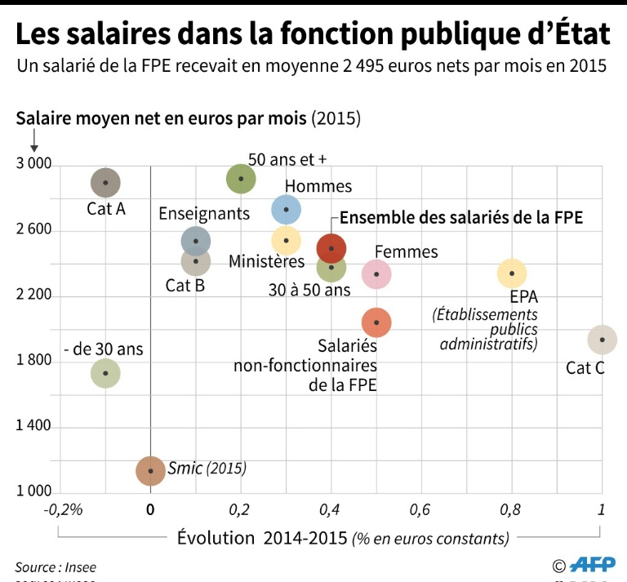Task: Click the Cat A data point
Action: pos(105,183)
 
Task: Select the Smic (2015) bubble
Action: pos(150,470)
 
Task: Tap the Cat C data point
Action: pos(602,340)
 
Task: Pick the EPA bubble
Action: pos(512,273)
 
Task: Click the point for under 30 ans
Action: pos(105,373)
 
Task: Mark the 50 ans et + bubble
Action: pos(241,178)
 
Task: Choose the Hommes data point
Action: pos(286,209)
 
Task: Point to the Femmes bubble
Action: pos(376,273)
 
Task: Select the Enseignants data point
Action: pos(195,240)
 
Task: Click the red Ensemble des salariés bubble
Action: pos(331,248)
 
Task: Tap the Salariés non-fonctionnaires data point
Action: pos(376,322)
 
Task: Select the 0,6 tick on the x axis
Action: pos(420,510)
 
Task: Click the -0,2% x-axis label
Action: pos(65,510)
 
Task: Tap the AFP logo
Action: pos(593,564)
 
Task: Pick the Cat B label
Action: pos(185,285)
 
